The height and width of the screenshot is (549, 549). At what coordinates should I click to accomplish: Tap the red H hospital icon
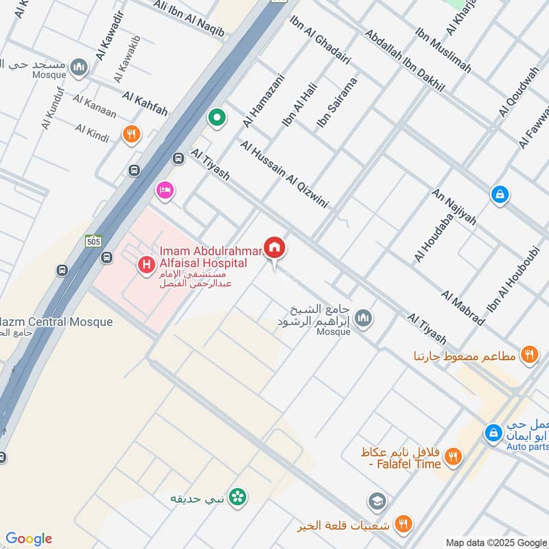point(145,264)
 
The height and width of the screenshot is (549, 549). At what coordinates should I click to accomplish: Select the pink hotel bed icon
point(164,189)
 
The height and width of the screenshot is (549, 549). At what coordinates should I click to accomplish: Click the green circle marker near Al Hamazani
point(218,118)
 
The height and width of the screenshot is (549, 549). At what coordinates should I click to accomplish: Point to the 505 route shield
point(94,241)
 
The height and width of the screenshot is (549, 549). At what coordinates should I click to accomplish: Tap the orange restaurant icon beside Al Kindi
point(131,134)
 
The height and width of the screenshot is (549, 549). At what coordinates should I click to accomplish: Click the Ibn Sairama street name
point(337,103)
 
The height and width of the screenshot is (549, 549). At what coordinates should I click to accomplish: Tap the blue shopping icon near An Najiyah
point(500,195)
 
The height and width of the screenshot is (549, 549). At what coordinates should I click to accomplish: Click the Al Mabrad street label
point(463,308)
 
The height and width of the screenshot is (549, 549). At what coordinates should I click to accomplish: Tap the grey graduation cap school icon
point(377,502)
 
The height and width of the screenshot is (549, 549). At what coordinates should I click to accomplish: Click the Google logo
point(29,539)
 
